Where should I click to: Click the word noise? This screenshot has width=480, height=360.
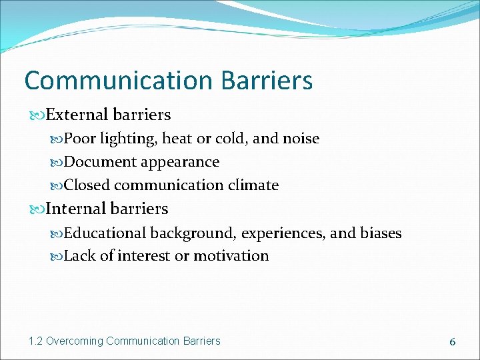pyautogui.click(x=301, y=139)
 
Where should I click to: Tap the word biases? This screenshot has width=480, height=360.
pyautogui.click(x=381, y=233)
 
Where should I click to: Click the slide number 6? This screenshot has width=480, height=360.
pyautogui.click(x=452, y=341)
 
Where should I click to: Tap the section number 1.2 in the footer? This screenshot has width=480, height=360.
pyautogui.click(x=35, y=341)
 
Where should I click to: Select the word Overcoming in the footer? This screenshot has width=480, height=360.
pyautogui.click(x=74, y=341)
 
